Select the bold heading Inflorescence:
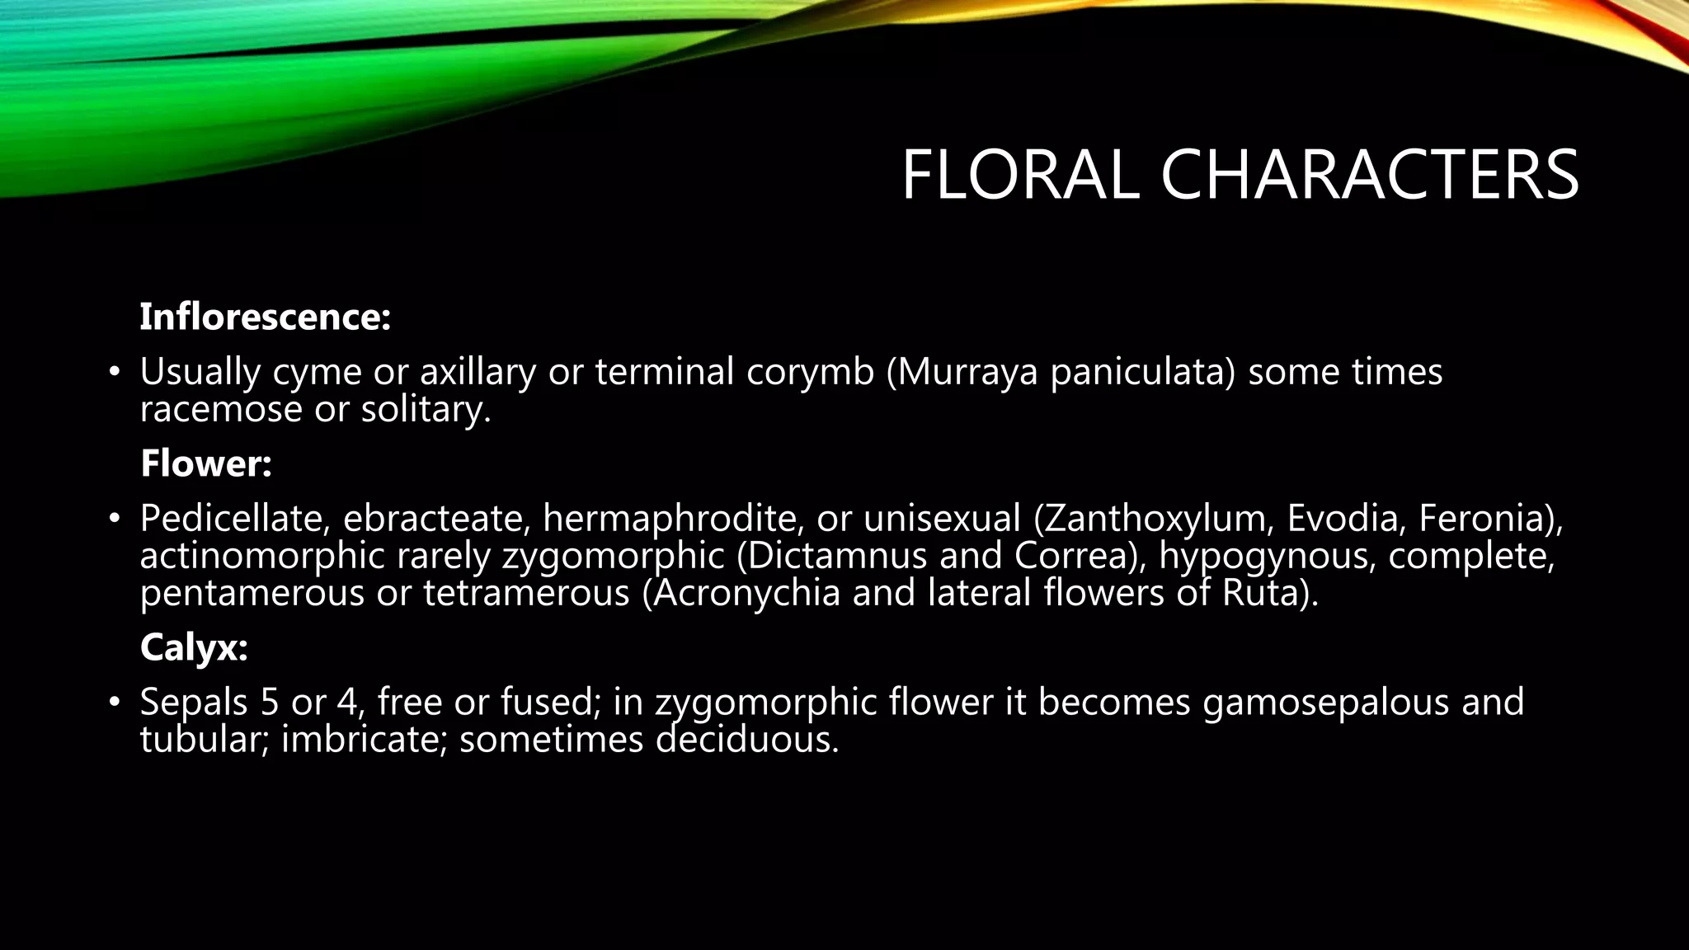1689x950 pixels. pyautogui.click(x=265, y=317)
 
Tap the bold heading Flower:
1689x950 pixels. pyautogui.click(x=206, y=463)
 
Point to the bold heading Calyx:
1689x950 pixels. pyautogui.click(x=194, y=647)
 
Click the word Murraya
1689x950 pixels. pyautogui.click(x=969, y=372)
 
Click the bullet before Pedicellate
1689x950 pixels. pyautogui.click(x=115, y=520)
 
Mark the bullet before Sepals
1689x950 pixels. pyautogui.click(x=115, y=703)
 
